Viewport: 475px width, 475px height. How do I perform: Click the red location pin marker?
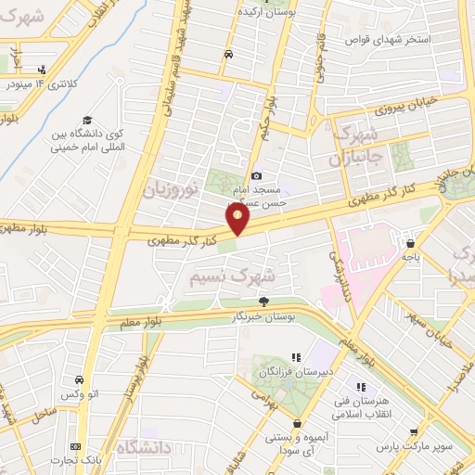pyautogui.click(x=238, y=219)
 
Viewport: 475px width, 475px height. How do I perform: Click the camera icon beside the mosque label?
pyautogui.click(x=257, y=176)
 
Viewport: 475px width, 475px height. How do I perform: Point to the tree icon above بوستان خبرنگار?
pyautogui.click(x=263, y=301)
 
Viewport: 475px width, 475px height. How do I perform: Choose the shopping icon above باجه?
pyautogui.click(x=409, y=244)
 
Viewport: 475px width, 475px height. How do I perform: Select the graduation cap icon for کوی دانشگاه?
pyautogui.click(x=86, y=120)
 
